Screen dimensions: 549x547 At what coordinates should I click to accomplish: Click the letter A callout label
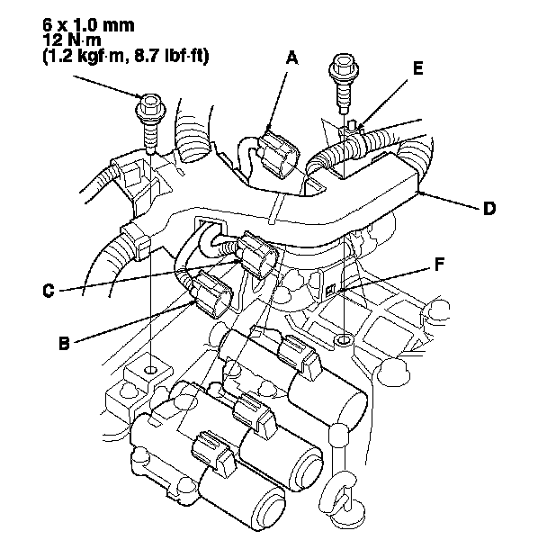point(291,57)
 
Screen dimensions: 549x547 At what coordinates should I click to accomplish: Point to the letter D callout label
point(489,208)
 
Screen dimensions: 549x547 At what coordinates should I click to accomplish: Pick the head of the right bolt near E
point(343,64)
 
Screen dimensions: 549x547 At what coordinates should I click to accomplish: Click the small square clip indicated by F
point(333,288)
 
